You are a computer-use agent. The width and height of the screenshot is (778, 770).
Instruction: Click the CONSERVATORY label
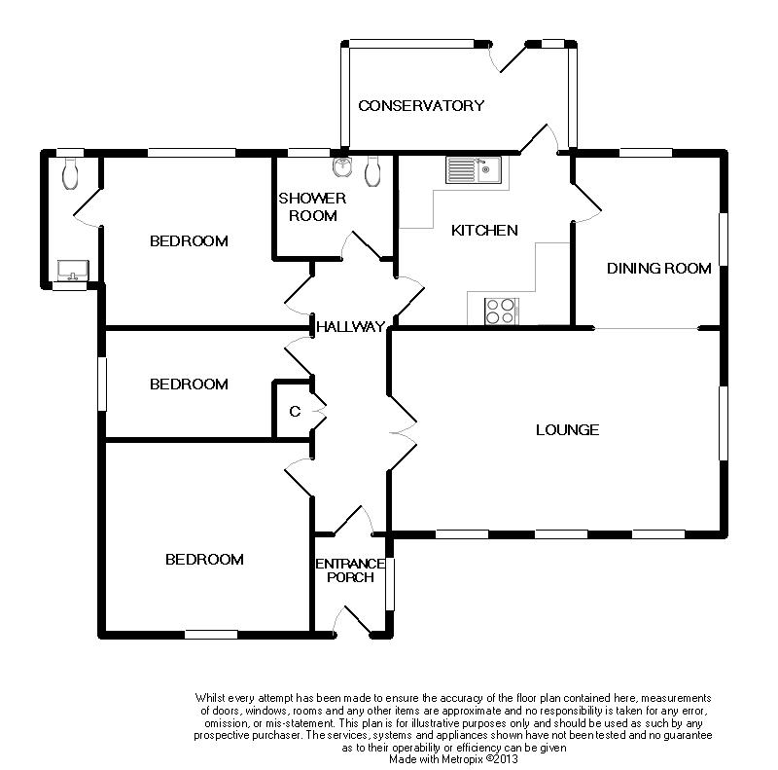(x=421, y=105)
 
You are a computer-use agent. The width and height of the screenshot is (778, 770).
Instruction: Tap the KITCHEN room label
(x=484, y=230)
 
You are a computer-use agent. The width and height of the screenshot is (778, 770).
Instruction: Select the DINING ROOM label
(x=659, y=269)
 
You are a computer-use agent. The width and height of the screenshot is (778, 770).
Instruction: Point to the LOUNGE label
(x=567, y=429)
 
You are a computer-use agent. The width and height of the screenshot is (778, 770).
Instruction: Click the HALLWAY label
(x=351, y=326)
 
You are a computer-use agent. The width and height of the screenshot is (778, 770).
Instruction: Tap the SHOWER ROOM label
(x=312, y=207)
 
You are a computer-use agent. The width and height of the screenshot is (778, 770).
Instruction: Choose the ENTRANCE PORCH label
(x=350, y=570)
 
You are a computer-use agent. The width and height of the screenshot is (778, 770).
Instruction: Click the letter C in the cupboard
(x=295, y=412)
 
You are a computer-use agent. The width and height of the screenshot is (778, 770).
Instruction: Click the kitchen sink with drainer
(x=474, y=170)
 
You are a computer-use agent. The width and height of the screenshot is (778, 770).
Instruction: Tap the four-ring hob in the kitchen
(x=502, y=311)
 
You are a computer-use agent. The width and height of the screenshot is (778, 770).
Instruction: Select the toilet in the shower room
(x=372, y=171)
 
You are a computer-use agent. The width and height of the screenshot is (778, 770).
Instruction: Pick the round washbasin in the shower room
(x=342, y=166)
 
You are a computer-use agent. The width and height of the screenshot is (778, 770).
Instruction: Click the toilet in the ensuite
(x=70, y=174)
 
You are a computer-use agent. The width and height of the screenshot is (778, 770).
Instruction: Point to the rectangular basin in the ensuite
(x=73, y=271)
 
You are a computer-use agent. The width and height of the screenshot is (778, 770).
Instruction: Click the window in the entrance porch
(x=390, y=584)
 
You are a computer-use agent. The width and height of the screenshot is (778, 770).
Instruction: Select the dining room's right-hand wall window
(x=724, y=238)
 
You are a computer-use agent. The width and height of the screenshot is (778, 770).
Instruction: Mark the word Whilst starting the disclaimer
(x=210, y=698)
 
